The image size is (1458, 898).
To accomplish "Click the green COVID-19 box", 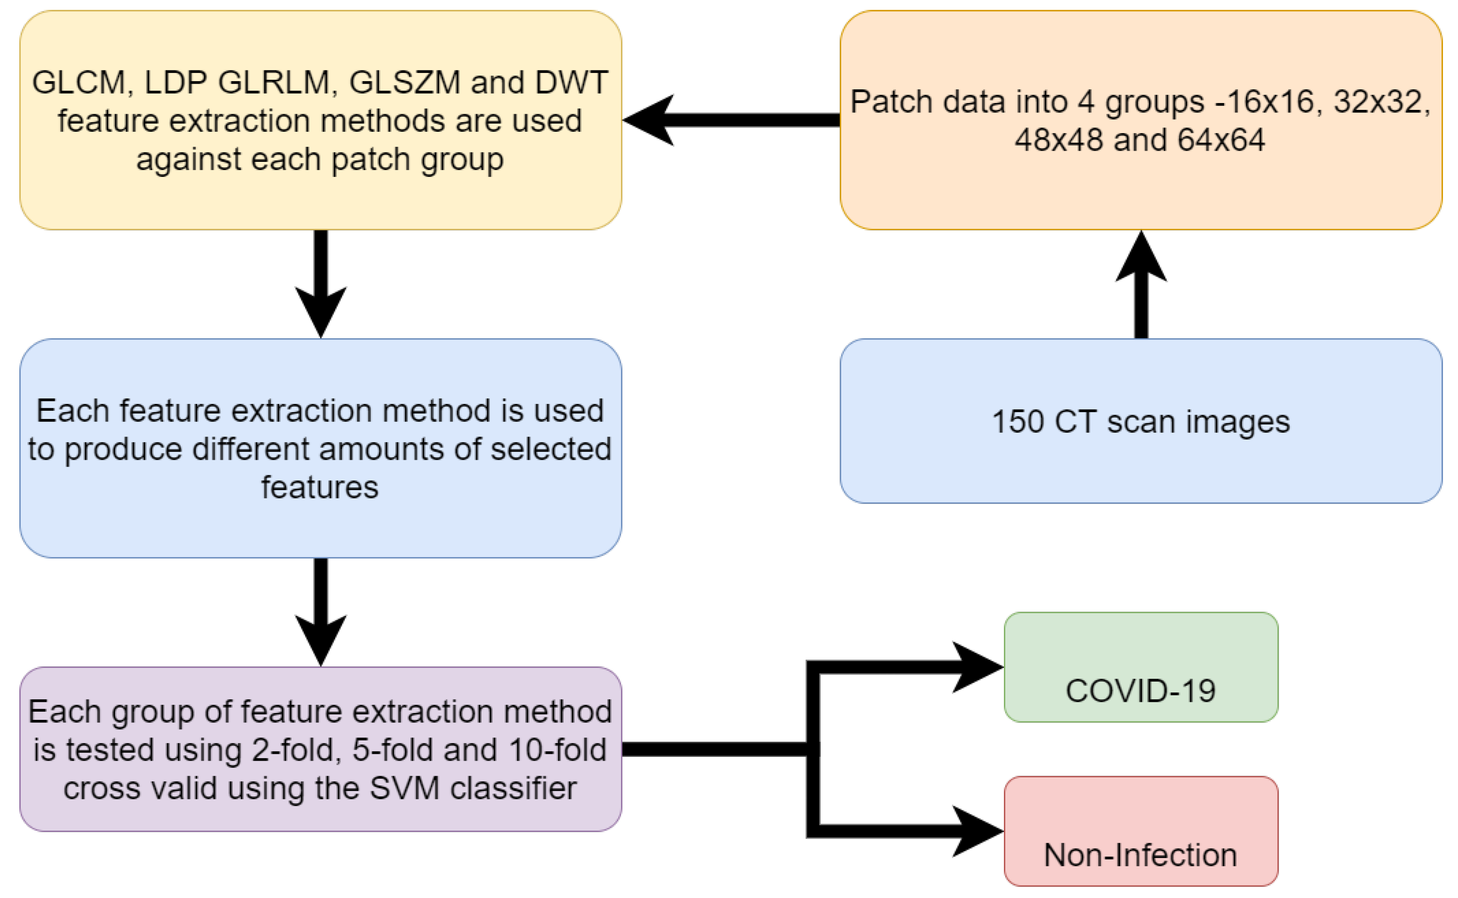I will pos(1140,667).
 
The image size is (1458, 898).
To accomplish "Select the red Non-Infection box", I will pos(1140,831).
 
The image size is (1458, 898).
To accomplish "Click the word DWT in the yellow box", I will pos(571,82).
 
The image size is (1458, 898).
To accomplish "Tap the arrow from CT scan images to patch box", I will pos(1140,285).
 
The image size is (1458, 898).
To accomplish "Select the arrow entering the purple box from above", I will pos(321,612).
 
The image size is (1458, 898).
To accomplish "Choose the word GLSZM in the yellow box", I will pos(404,82).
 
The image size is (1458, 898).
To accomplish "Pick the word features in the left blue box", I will pos(320,488).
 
